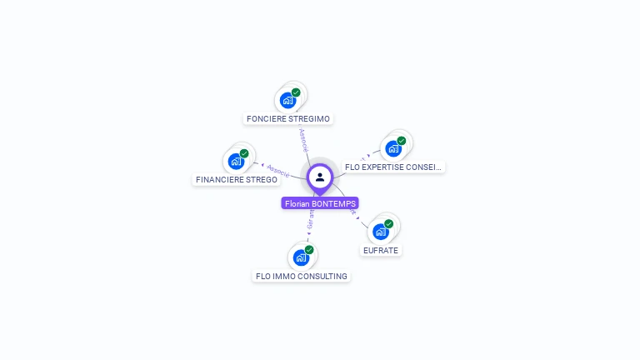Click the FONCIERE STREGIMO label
coord(289,118)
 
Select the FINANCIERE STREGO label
coord(237,179)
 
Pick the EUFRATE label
coord(381,250)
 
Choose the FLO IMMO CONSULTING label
coord(301,276)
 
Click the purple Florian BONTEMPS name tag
coord(320,203)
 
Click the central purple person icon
coord(320,177)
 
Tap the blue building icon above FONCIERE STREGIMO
coord(287,101)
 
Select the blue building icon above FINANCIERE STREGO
coord(236,162)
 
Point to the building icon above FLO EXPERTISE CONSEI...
coord(392,149)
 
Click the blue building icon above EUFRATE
coord(380,232)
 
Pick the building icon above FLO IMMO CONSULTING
coord(301,258)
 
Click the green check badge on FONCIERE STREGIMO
coord(296,92)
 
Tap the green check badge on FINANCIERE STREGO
coord(244,153)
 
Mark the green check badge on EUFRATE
coord(388,223)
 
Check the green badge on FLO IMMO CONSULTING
coord(309,250)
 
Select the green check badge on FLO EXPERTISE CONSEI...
coord(401,141)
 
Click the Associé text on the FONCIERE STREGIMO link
coord(303,139)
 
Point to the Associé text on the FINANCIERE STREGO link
coord(277,170)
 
